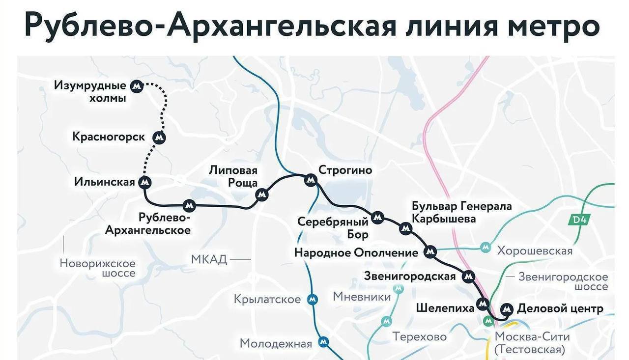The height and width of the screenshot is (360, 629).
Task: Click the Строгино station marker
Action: [310, 180]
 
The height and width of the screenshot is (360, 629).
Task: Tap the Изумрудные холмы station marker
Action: [137, 86]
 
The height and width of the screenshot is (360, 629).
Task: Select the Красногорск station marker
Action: [159, 138]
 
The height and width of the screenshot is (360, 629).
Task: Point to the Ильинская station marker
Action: [145, 183]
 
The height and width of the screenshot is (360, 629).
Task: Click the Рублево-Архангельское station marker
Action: [189, 205]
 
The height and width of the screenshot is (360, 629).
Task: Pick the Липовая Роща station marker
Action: [262, 194]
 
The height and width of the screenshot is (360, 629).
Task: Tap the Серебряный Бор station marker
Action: [377, 217]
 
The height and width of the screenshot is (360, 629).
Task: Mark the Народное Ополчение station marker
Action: [430, 252]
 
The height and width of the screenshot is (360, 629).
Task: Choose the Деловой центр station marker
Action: [506, 309]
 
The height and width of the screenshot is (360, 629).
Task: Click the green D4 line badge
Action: [579, 220]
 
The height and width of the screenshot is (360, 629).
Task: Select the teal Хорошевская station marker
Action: [486, 247]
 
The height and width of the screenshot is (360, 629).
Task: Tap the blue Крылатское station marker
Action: [312, 299]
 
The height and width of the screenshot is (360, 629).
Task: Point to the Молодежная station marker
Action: [323, 341]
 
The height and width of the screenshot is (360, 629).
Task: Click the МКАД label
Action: [209, 259]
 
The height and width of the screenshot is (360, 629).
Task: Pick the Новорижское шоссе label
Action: [97, 268]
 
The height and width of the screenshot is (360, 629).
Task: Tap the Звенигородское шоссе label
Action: [563, 281]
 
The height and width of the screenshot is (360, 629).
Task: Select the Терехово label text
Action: [419, 337]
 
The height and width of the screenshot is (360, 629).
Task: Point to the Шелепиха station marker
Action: [483, 304]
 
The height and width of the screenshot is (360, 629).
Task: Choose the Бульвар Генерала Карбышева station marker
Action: [405, 228]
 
